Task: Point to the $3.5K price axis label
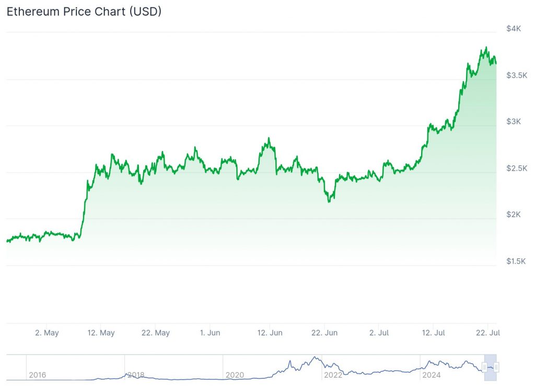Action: coord(517,75)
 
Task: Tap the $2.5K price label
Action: coord(517,168)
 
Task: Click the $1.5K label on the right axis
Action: coord(517,261)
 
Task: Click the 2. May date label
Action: coord(46,333)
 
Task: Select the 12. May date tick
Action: coord(101,333)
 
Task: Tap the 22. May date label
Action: coord(156,333)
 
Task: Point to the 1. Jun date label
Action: coord(210,333)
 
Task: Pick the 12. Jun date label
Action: coord(270,333)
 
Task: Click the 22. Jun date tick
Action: coord(324,333)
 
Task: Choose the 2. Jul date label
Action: coord(379,333)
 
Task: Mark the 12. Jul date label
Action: coord(433,333)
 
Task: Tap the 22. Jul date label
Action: coord(487,333)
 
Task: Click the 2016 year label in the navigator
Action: coord(37,375)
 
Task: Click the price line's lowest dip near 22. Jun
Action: coord(329,202)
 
